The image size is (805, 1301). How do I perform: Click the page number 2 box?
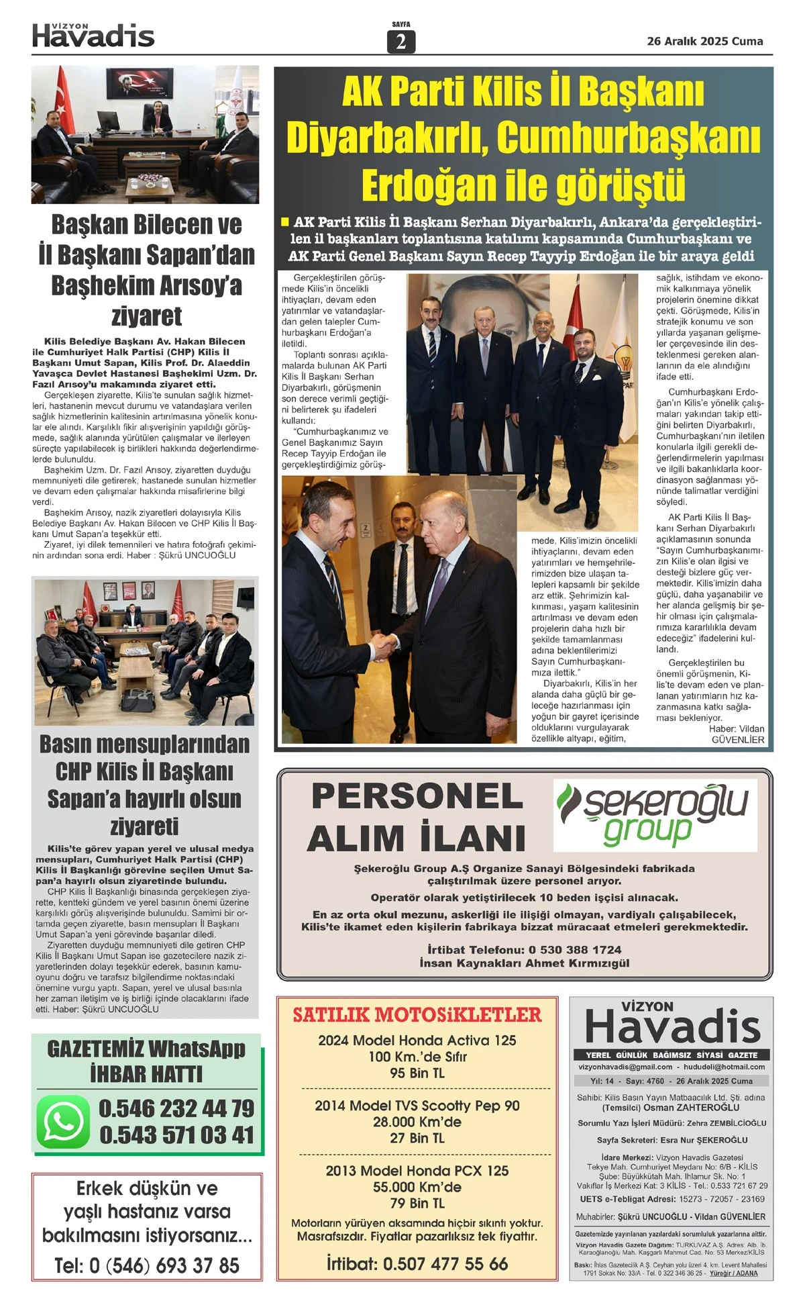[x=400, y=42]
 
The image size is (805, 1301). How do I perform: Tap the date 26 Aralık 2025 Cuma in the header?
[x=704, y=42]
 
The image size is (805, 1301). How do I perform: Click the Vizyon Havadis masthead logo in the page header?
[x=93, y=36]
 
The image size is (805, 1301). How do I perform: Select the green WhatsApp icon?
[x=62, y=1122]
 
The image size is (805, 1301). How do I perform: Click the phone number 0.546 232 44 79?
[x=176, y=1108]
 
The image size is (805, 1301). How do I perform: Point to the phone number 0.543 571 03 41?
[x=176, y=1135]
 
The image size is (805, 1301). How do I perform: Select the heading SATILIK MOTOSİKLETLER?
[x=417, y=1014]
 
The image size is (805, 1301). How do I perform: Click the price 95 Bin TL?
[x=417, y=1073]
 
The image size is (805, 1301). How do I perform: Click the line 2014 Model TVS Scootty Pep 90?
[x=417, y=1106]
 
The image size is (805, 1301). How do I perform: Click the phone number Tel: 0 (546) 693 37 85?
[x=147, y=1266]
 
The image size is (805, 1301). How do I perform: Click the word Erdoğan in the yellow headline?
[x=429, y=185]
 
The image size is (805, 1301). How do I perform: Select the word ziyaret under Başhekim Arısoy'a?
[x=146, y=316]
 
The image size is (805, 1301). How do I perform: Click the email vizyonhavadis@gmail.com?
[x=625, y=1067]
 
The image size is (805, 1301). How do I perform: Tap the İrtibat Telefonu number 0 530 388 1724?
[x=575, y=950]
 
